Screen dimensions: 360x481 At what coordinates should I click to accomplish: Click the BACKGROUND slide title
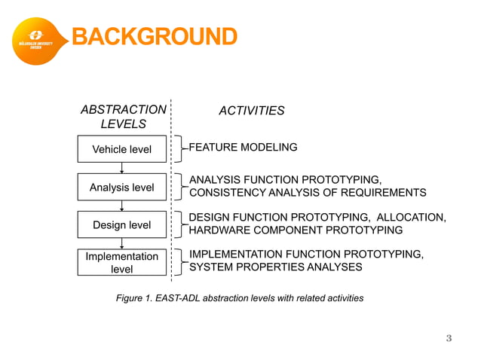(x=154, y=36)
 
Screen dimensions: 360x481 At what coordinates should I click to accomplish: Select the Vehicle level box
(x=121, y=149)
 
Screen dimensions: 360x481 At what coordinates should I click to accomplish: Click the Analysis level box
(x=121, y=187)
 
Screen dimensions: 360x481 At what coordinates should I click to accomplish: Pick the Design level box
(x=121, y=224)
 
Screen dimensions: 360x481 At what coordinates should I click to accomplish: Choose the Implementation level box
(x=121, y=262)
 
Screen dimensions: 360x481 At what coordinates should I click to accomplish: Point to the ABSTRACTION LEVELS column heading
(x=124, y=117)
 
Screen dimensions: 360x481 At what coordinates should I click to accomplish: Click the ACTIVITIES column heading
(x=251, y=111)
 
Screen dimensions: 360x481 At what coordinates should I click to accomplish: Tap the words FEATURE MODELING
(x=243, y=148)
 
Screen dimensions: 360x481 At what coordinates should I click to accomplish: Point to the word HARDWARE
(x=218, y=230)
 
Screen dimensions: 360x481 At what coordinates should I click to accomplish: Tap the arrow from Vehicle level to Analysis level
(x=121, y=168)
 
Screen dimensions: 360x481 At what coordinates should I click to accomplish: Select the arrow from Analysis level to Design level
(x=121, y=206)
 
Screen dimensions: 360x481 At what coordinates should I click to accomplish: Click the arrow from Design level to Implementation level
(x=121, y=243)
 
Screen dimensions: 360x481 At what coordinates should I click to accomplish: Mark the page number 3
(x=449, y=338)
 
